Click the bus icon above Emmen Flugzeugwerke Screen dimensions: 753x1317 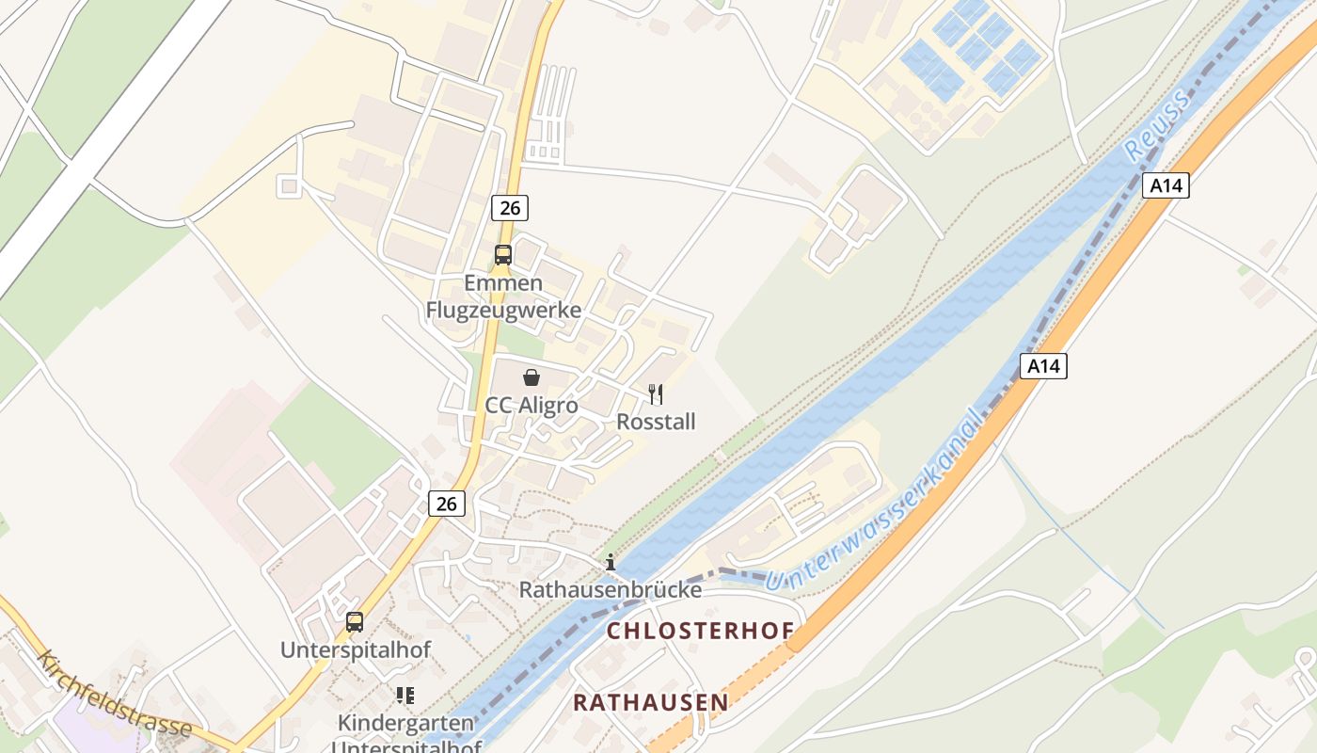point(503,254)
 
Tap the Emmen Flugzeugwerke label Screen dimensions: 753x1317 point(503,296)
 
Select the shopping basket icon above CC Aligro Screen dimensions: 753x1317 point(532,377)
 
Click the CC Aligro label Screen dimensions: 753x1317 point(532,406)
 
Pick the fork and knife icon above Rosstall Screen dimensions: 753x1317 point(656,394)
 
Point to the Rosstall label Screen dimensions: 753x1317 point(656,422)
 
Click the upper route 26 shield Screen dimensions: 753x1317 point(509,207)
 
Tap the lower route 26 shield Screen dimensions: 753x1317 point(447,504)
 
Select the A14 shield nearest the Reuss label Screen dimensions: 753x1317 point(1166,185)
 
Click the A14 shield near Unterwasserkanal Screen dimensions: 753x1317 point(1043,366)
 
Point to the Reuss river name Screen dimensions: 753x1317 point(1145,133)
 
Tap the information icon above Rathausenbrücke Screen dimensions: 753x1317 point(611,562)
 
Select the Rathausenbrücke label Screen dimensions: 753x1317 point(611,590)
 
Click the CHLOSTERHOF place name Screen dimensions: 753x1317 point(700,631)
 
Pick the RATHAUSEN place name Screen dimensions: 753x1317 point(651,702)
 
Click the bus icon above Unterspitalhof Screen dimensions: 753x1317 point(355,621)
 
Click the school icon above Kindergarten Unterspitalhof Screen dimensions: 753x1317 point(405,696)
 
